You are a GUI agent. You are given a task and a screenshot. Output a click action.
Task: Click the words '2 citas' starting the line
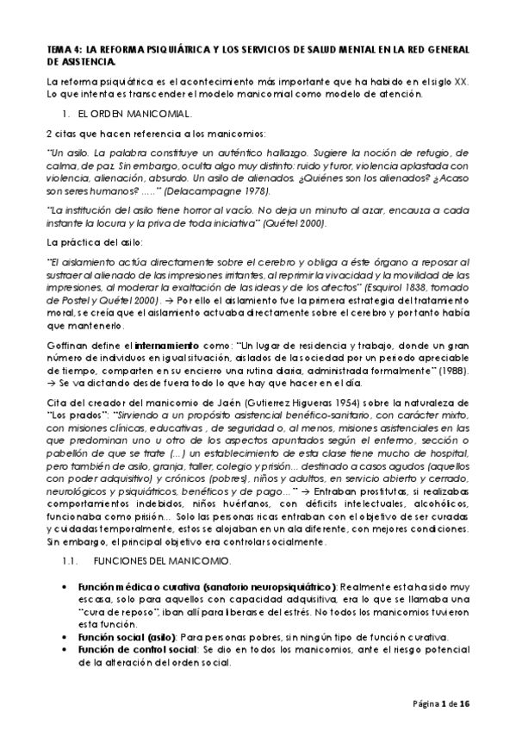pos(61,134)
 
